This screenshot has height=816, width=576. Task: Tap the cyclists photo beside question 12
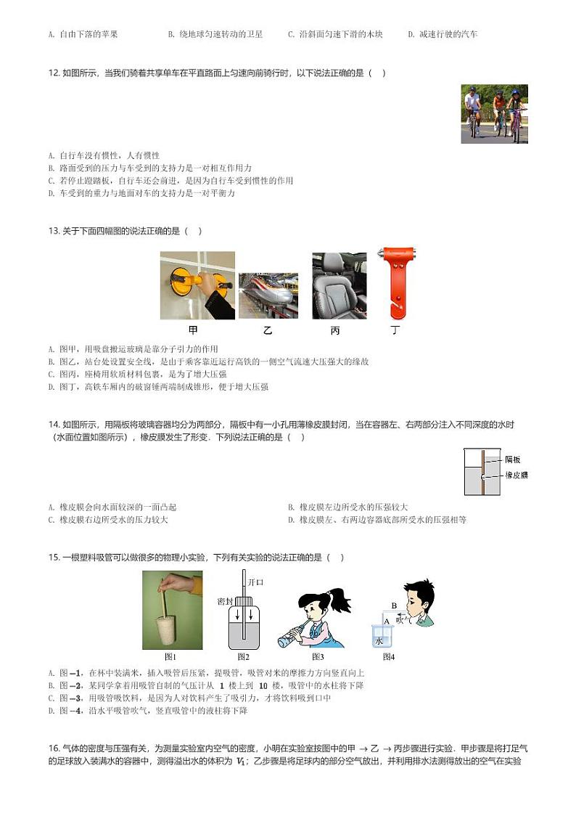click(x=494, y=114)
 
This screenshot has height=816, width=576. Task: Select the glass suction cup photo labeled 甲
click(x=197, y=285)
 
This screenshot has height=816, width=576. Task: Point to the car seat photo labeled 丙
click(x=339, y=285)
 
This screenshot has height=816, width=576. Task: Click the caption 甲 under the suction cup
click(x=193, y=330)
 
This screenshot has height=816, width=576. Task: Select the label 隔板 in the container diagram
click(x=513, y=460)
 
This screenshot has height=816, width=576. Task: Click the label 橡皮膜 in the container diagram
click(x=516, y=475)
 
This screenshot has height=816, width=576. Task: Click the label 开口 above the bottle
click(x=255, y=582)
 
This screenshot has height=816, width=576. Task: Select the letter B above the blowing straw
click(x=394, y=605)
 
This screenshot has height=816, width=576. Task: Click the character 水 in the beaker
click(x=378, y=641)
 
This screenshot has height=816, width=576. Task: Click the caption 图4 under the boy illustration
click(x=388, y=657)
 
